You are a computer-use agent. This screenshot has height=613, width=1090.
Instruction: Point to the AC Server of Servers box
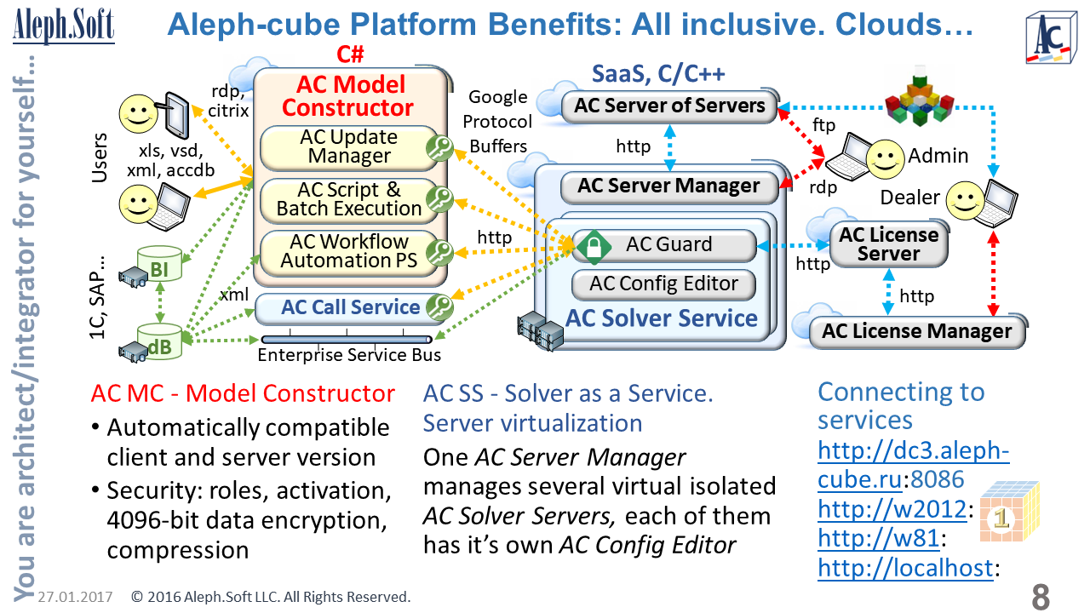coord(669,106)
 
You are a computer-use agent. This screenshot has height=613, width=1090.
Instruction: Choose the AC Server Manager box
coord(668,186)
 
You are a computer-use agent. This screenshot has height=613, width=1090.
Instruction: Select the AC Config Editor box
coord(663,284)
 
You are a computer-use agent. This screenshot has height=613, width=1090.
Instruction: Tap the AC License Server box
coord(888,243)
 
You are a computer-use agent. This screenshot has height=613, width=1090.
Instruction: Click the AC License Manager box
coord(916,331)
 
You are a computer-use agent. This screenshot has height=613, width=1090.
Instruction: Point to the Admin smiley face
coord(885,156)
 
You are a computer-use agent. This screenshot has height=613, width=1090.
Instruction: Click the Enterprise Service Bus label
coord(350,355)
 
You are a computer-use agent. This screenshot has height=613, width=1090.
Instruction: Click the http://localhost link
coord(904,568)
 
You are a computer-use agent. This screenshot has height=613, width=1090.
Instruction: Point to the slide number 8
coord(1041,597)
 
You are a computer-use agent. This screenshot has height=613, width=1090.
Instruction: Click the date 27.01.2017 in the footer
coord(76,597)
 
